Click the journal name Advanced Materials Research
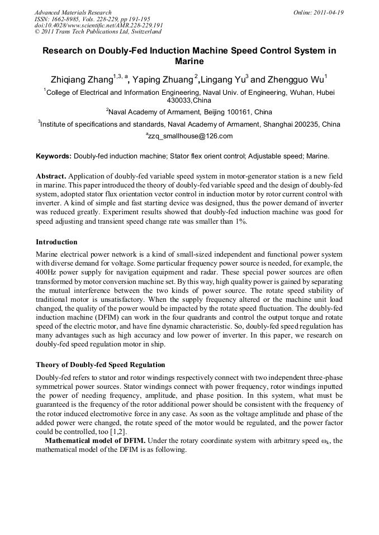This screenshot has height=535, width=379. click(x=73, y=12)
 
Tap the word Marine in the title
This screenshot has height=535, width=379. click(x=190, y=61)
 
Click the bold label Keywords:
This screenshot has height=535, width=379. click(x=54, y=156)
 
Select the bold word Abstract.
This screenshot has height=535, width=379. click(x=52, y=176)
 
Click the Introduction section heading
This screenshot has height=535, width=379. click(x=56, y=242)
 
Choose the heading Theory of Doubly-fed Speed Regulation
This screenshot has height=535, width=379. click(x=100, y=365)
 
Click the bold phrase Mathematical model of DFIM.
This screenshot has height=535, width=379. click(x=95, y=441)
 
